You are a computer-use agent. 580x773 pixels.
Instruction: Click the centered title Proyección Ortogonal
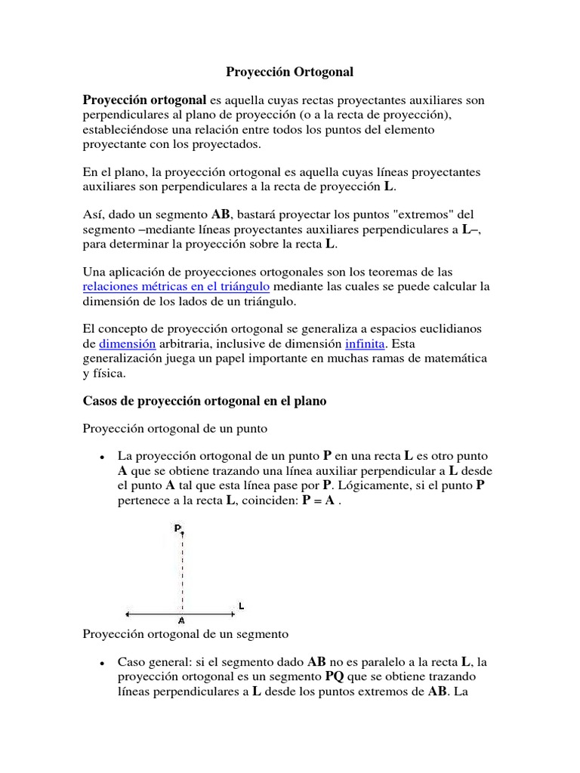click(x=290, y=72)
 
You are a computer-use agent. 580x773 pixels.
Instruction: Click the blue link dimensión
click(x=128, y=343)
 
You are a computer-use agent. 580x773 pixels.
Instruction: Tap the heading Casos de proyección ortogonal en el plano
click(x=204, y=402)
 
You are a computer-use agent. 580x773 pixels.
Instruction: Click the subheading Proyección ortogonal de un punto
click(x=175, y=429)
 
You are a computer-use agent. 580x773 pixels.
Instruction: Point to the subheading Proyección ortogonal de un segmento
click(x=186, y=633)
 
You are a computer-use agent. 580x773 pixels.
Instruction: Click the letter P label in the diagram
click(x=177, y=528)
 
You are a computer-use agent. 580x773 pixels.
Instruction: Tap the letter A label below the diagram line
click(x=181, y=621)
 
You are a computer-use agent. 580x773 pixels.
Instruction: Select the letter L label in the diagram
click(x=241, y=605)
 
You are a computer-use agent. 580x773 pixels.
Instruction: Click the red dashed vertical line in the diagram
click(x=182, y=574)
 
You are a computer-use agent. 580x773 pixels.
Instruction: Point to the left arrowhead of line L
click(x=128, y=612)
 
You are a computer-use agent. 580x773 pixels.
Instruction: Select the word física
click(x=111, y=372)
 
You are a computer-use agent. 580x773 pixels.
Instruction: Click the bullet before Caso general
click(x=100, y=663)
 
